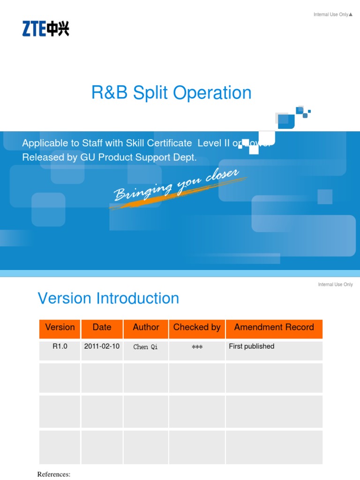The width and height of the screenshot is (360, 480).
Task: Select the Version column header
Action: coord(60,328)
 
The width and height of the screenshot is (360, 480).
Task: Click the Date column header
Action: coord(102,328)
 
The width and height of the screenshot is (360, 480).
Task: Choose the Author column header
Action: coord(146,328)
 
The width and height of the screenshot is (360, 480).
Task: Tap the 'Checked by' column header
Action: coord(196,328)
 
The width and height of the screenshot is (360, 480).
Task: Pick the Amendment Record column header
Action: coord(274,328)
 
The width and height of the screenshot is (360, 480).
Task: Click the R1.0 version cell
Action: coord(60,346)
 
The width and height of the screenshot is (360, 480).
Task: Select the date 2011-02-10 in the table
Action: coord(102,346)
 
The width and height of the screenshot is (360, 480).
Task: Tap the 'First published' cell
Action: coord(251,346)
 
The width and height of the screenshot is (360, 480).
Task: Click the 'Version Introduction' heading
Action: coord(108,299)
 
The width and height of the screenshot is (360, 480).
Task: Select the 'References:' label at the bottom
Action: coord(53,474)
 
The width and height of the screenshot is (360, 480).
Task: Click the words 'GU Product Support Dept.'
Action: coord(139,157)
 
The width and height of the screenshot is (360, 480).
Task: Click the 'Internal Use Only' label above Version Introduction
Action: coord(335,285)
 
